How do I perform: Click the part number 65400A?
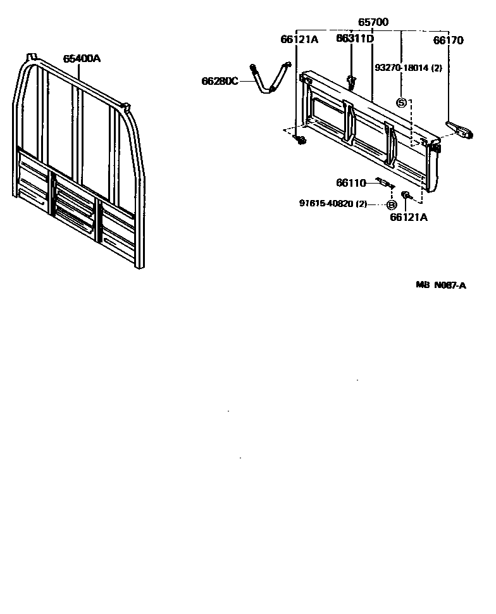pos(82,59)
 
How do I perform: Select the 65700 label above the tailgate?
pos(373,22)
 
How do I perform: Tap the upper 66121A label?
pos(299,40)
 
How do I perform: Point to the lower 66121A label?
pos(408,217)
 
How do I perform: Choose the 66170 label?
pos(448,41)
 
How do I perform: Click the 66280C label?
pos(220,81)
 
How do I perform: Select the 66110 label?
pos(351,183)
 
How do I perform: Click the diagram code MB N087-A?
pos(440,285)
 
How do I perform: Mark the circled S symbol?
pos(401,103)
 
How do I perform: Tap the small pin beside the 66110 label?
pos(384,183)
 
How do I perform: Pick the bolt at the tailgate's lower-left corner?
pos(301,139)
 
